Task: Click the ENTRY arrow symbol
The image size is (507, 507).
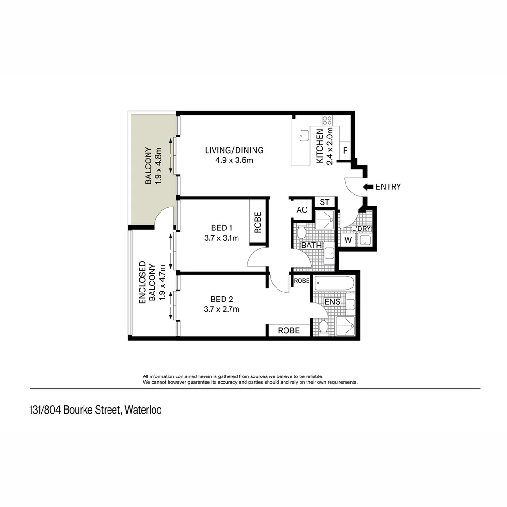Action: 368,187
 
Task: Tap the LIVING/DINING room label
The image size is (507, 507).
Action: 234,150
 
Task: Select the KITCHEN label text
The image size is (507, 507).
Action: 320,146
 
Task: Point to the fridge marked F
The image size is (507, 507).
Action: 345,151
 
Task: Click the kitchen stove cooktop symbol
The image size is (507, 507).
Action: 327,121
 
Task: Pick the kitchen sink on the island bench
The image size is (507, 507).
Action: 304,136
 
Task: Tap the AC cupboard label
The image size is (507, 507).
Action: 302,210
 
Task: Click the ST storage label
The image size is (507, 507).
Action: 324,202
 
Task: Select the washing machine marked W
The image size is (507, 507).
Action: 348,240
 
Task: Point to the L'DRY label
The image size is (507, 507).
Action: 361,229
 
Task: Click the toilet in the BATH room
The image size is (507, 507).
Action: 301,232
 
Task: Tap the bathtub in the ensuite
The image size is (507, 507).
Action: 334,284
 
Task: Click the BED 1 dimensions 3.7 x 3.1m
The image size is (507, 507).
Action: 222,238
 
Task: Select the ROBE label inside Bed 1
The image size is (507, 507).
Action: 258,223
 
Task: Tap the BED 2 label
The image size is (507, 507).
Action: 222,299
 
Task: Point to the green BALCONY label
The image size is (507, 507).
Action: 148,166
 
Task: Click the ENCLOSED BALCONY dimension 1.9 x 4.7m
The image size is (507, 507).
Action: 162,283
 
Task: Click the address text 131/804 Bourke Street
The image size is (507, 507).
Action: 75,410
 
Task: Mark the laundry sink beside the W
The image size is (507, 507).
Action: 365,240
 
